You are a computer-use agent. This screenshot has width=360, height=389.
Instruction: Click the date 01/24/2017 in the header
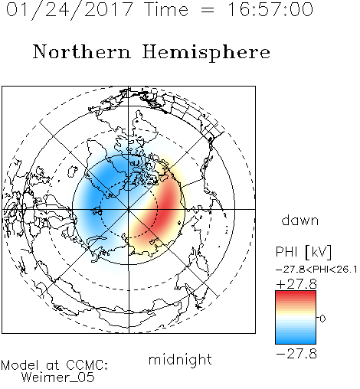click(x=70, y=10)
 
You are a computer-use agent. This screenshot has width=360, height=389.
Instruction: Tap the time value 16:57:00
click(x=270, y=9)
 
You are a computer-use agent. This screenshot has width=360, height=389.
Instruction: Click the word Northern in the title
click(x=82, y=51)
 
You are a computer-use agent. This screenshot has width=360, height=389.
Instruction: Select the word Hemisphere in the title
click(x=206, y=52)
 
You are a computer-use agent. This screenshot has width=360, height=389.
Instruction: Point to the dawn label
click(x=300, y=220)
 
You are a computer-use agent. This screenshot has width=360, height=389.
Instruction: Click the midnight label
click(x=180, y=360)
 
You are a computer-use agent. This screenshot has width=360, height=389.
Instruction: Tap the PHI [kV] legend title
click(x=303, y=252)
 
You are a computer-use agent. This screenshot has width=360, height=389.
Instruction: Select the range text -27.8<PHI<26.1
click(x=316, y=270)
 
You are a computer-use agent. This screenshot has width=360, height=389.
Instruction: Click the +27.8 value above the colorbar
click(x=296, y=284)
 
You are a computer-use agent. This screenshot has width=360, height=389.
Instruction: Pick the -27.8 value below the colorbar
click(x=296, y=354)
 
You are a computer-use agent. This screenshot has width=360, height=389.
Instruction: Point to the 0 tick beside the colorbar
click(x=322, y=319)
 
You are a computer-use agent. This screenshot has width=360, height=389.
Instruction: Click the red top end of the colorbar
click(x=296, y=293)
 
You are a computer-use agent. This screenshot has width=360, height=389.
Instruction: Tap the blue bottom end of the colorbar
click(x=296, y=342)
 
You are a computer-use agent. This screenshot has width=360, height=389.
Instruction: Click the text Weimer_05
click(x=58, y=378)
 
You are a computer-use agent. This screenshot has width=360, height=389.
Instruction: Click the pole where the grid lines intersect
click(x=129, y=209)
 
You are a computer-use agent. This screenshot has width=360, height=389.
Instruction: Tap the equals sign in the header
click(x=208, y=10)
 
